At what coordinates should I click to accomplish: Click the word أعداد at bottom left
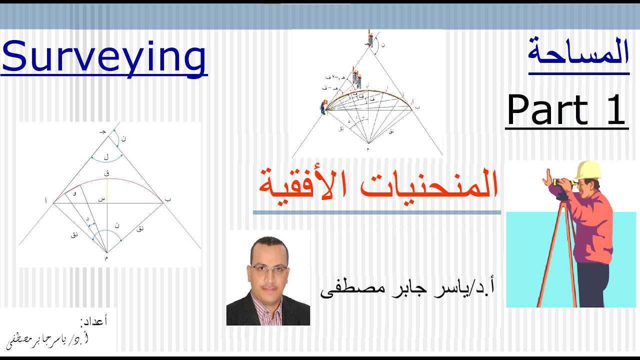point(93,321)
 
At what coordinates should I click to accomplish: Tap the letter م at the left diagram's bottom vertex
point(106,258)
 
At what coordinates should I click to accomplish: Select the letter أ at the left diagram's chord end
point(46,200)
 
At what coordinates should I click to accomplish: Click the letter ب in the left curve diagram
point(168,199)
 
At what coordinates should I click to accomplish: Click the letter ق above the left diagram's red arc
point(106,173)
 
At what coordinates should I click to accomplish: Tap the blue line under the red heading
point(376,212)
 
